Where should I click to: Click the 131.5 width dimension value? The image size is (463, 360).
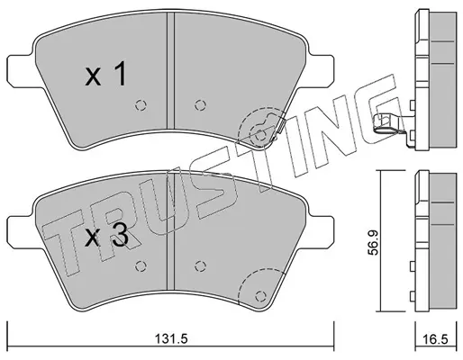[x=171, y=339]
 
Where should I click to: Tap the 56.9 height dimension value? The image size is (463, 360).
[x=374, y=243]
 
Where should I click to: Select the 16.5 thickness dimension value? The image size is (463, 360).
[x=436, y=339]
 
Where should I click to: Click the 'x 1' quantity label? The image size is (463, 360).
[x=105, y=74]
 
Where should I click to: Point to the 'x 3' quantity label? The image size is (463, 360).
[x=106, y=236]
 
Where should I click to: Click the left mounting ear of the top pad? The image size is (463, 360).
[x=21, y=71]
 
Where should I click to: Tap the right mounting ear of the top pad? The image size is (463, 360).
[x=320, y=71]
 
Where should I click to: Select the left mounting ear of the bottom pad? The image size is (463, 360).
[x=21, y=233]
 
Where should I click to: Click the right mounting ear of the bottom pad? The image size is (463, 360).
[x=320, y=233]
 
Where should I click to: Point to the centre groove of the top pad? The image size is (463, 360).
[x=170, y=71]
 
